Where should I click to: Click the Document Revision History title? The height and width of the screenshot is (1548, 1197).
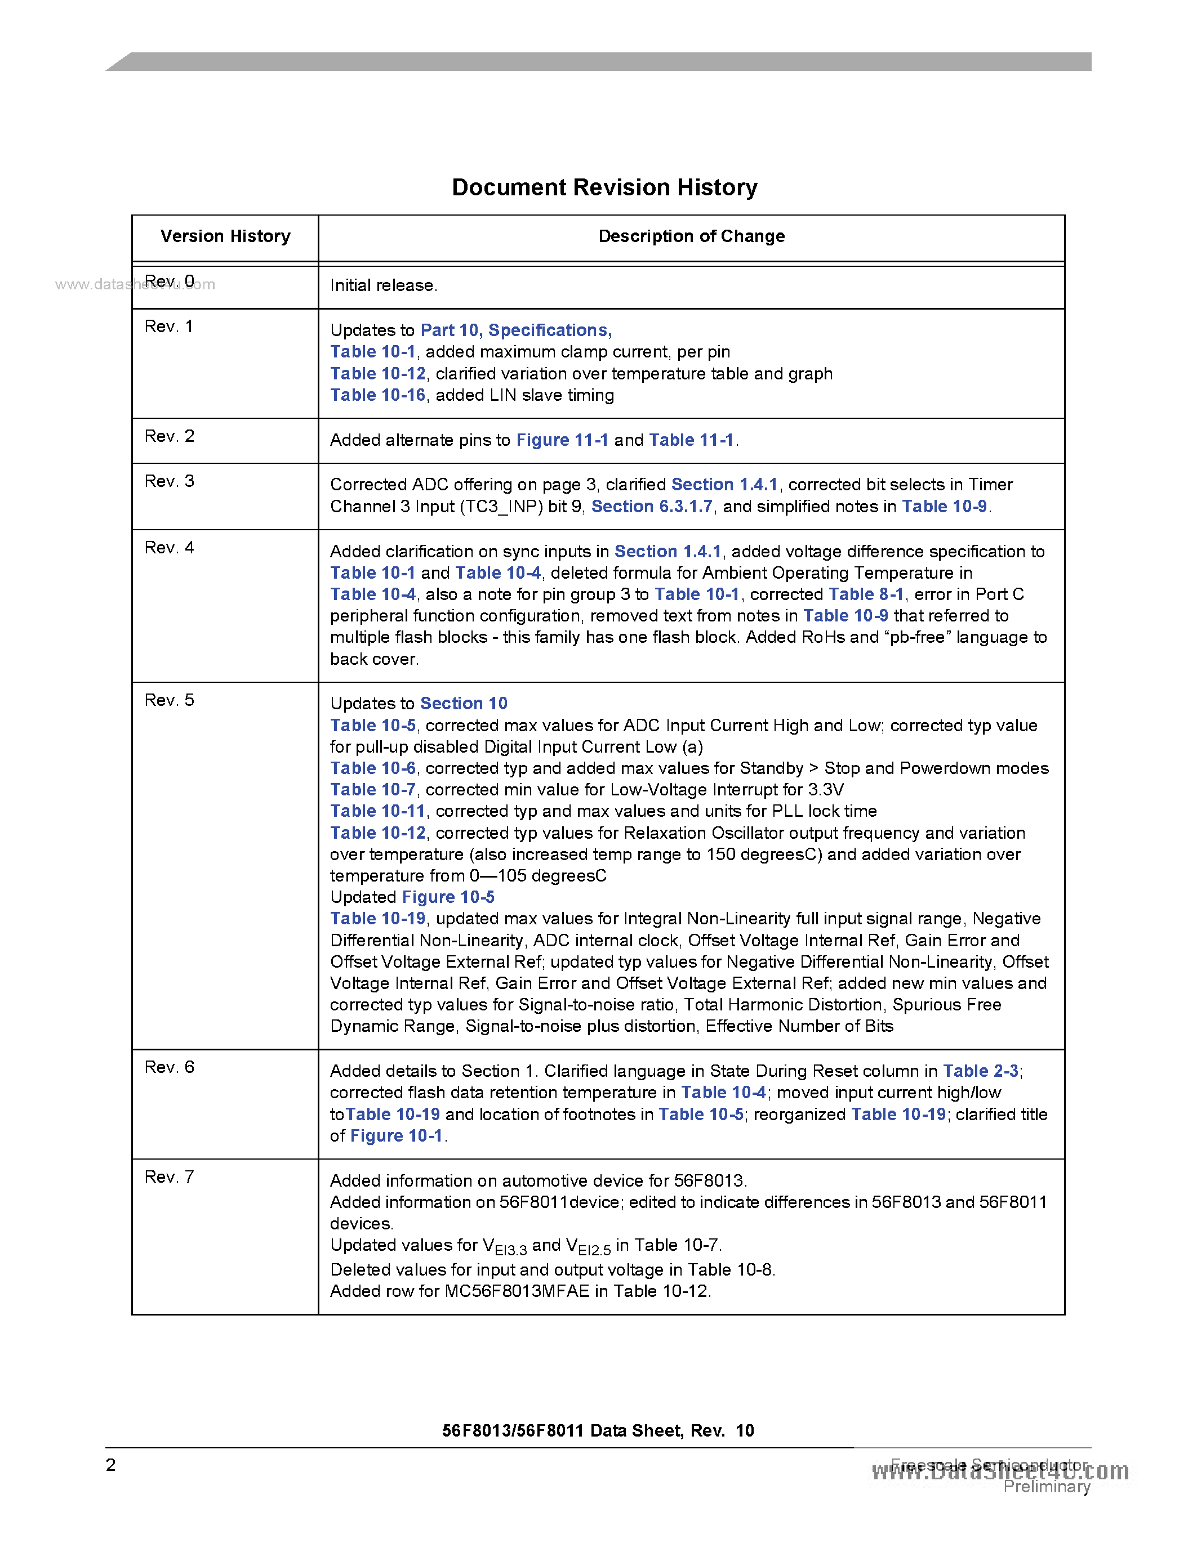click(x=604, y=187)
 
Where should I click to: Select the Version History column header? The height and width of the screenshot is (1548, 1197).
click(x=225, y=236)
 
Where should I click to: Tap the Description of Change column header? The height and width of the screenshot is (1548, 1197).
click(x=691, y=236)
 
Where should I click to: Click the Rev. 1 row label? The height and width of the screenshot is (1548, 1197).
click(x=169, y=326)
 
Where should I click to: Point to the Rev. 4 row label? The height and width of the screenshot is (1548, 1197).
click(x=169, y=547)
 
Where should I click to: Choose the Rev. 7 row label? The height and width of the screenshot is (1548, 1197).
click(x=169, y=1176)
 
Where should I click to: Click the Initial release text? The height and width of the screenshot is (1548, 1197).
click(x=384, y=285)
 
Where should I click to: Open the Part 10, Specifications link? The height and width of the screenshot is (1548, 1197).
click(x=515, y=330)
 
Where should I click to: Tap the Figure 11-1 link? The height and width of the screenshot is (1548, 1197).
click(x=562, y=440)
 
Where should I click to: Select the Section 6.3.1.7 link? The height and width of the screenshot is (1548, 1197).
click(x=652, y=506)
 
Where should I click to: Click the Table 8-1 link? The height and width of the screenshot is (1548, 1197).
click(x=866, y=594)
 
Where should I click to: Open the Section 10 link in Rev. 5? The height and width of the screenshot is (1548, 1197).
click(x=464, y=703)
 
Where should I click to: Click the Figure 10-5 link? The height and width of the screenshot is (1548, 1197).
click(x=448, y=897)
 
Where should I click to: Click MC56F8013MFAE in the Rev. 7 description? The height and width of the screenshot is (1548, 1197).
click(x=517, y=1291)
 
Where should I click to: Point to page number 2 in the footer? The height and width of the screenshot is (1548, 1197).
click(x=110, y=1465)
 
